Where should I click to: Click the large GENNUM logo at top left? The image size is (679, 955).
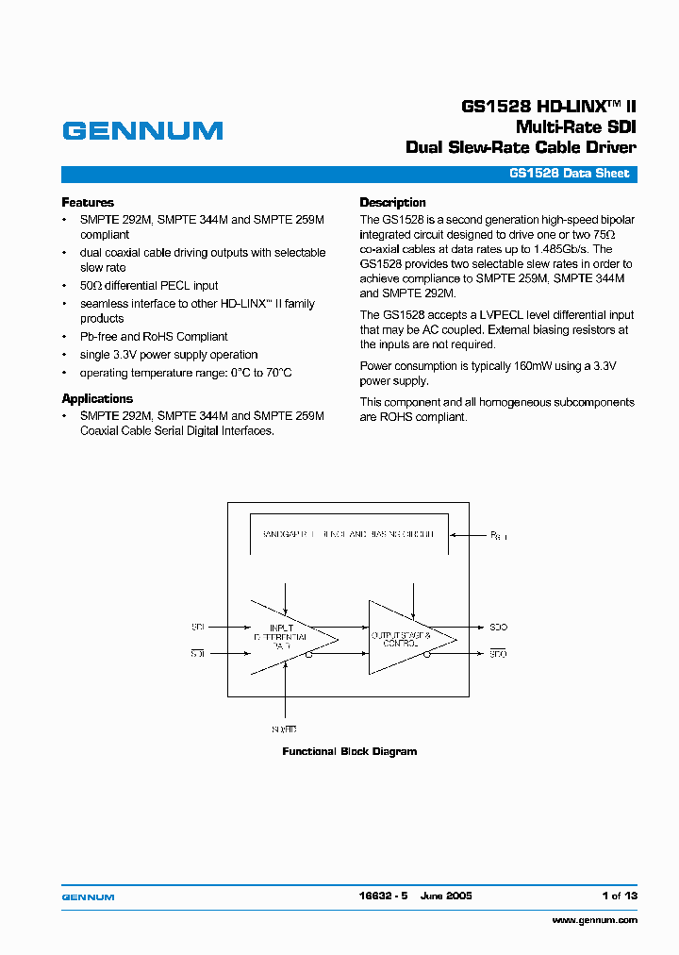(142, 130)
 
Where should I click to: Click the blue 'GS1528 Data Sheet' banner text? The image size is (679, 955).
(569, 174)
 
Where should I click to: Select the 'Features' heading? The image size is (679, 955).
(88, 202)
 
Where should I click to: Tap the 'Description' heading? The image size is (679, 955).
(392, 202)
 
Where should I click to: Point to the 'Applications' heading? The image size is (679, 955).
(97, 398)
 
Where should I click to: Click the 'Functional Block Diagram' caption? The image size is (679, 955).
(349, 751)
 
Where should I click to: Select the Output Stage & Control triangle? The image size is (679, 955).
(406, 637)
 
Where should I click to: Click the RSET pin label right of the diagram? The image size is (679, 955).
(498, 535)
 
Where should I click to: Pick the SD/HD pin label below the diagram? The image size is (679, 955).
(284, 729)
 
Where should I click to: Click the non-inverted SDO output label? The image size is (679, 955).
(498, 626)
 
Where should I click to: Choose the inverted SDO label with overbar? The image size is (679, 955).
(498, 653)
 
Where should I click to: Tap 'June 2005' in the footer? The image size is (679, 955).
(446, 896)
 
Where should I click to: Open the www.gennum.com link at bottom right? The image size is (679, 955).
(594, 919)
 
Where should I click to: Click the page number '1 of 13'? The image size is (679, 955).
(620, 896)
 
